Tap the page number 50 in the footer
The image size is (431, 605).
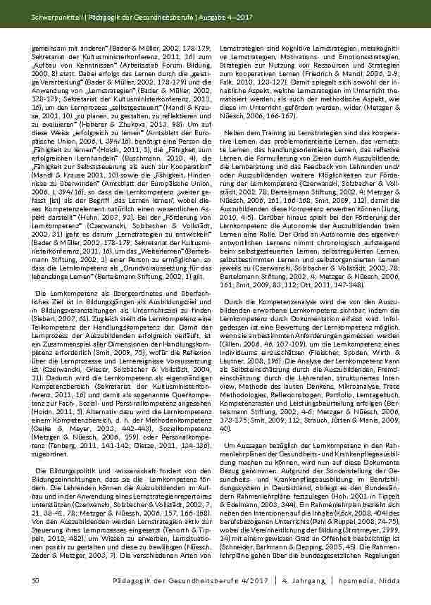coord(36,578)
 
